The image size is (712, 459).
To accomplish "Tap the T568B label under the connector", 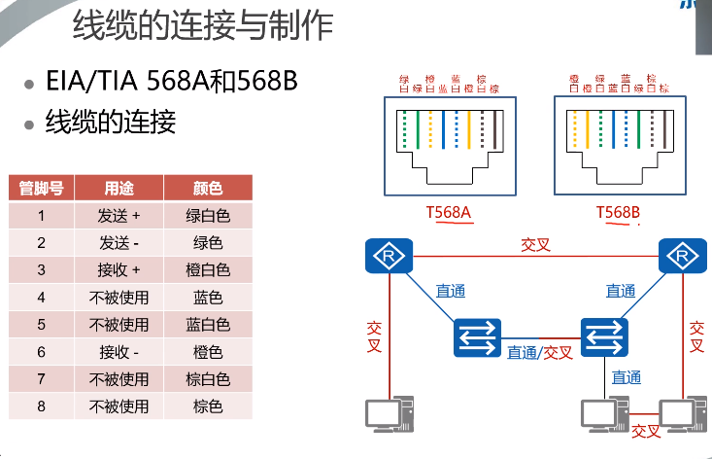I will [x=618, y=212].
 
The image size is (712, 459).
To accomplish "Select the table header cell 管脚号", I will [x=42, y=189].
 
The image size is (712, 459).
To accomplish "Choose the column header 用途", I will [x=119, y=189].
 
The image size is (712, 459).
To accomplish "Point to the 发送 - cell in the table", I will [x=119, y=243].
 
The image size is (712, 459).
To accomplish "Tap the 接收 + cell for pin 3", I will [x=119, y=270].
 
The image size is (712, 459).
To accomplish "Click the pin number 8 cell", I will [x=42, y=406].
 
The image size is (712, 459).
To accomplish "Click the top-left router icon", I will [x=389, y=257].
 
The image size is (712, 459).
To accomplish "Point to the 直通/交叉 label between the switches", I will [x=540, y=352].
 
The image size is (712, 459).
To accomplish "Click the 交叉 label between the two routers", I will [x=536, y=244].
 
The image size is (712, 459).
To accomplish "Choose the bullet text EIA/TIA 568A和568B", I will [x=171, y=82].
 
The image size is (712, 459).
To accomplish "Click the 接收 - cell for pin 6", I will [x=119, y=352].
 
